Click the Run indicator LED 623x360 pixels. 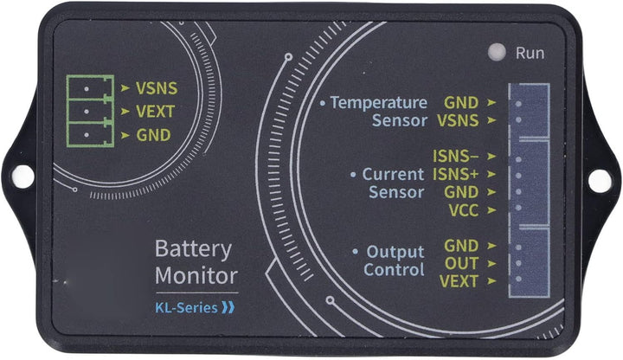[x=496, y=52]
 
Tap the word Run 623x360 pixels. [x=530, y=53]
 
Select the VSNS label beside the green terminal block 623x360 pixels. [x=156, y=87]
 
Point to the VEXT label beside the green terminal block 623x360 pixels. [x=155, y=111]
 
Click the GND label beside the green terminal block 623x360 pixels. [x=153, y=135]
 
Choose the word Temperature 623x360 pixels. [x=379, y=103]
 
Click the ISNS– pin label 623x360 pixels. [x=455, y=157]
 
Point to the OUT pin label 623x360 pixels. [x=462, y=263]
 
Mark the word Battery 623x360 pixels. [x=193, y=250]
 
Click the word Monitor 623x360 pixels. [x=196, y=277]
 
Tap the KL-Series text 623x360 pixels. [x=185, y=306]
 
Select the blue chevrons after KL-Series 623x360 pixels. [x=228, y=306]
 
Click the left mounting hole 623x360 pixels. [x=23, y=176]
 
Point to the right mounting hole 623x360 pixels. [x=599, y=180]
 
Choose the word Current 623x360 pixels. [x=393, y=174]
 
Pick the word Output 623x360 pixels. [x=395, y=253]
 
